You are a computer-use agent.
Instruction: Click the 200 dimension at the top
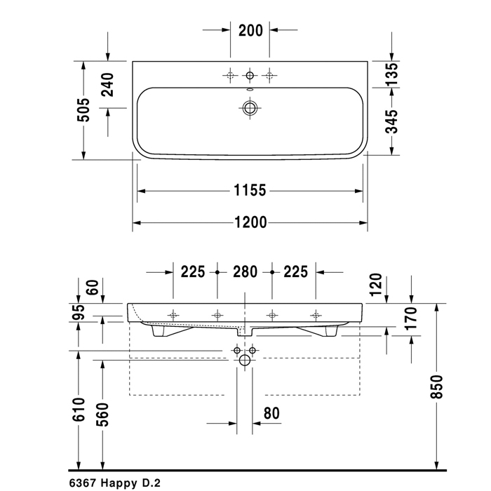(250, 30)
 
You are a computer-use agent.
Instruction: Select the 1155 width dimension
(250, 190)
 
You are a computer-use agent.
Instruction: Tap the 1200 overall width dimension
(250, 222)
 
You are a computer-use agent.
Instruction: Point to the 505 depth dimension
(83, 110)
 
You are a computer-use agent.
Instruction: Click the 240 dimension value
(108, 85)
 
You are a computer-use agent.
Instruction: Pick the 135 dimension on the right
(391, 74)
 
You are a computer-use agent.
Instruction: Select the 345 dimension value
(391, 121)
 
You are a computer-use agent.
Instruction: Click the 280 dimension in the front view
(245, 272)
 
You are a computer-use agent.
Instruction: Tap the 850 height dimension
(437, 386)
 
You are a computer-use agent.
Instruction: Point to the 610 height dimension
(79, 410)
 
